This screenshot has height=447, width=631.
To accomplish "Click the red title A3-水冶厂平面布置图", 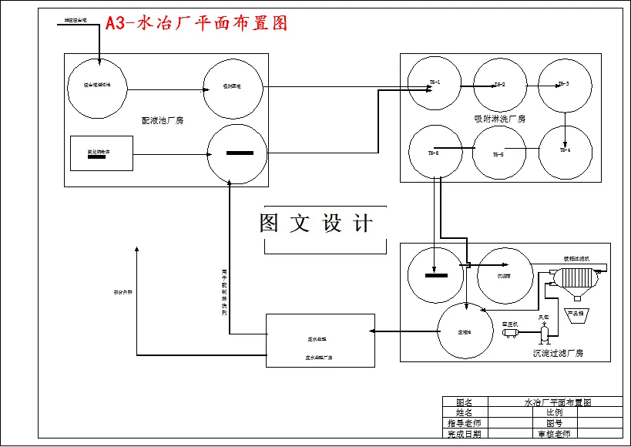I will (x=196, y=23).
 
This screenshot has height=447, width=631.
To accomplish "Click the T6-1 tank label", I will (x=435, y=82).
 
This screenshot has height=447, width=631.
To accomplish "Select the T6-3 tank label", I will (x=563, y=83).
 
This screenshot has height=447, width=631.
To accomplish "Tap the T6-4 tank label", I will (x=564, y=150).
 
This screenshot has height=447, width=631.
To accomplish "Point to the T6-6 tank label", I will (x=434, y=153).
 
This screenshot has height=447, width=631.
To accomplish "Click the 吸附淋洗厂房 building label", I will (x=499, y=119).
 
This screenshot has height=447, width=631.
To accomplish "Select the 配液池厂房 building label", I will (x=163, y=120).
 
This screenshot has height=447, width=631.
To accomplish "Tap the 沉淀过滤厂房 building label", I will (x=558, y=353).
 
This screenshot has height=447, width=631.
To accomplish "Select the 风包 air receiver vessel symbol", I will (x=544, y=331).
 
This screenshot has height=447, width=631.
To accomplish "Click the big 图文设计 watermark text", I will (x=316, y=223).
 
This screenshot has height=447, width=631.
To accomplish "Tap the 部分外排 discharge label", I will (x=123, y=292).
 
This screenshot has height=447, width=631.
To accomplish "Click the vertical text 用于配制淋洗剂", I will (x=224, y=293).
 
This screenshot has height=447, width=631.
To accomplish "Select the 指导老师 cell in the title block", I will (x=464, y=423).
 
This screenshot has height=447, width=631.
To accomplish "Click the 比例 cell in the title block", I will (x=554, y=412).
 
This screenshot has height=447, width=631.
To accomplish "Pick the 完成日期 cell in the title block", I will (x=464, y=434).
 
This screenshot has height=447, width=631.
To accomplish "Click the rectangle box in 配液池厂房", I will (x=102, y=153).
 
